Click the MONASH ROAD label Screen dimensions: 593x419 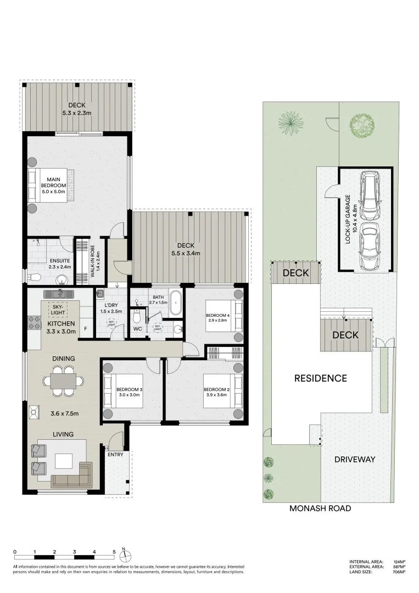320,508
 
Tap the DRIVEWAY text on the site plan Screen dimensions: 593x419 355,459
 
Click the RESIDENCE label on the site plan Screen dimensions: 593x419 320,378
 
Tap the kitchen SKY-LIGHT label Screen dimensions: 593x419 58,309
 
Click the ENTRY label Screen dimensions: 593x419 115,455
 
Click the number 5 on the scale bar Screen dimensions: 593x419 114,552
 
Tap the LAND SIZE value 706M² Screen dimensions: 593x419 399,572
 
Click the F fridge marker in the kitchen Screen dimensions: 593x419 85,331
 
